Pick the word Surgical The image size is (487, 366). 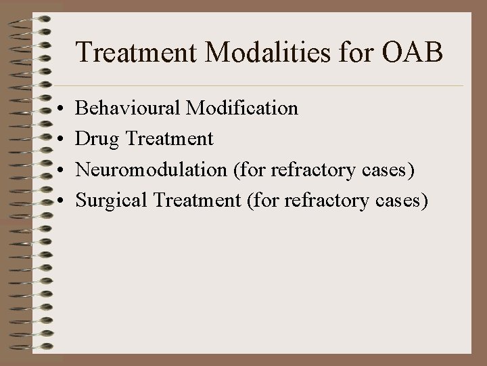[x=107, y=201]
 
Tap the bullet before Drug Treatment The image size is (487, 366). [x=61, y=140]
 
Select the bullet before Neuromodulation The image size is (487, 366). [x=61, y=171]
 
